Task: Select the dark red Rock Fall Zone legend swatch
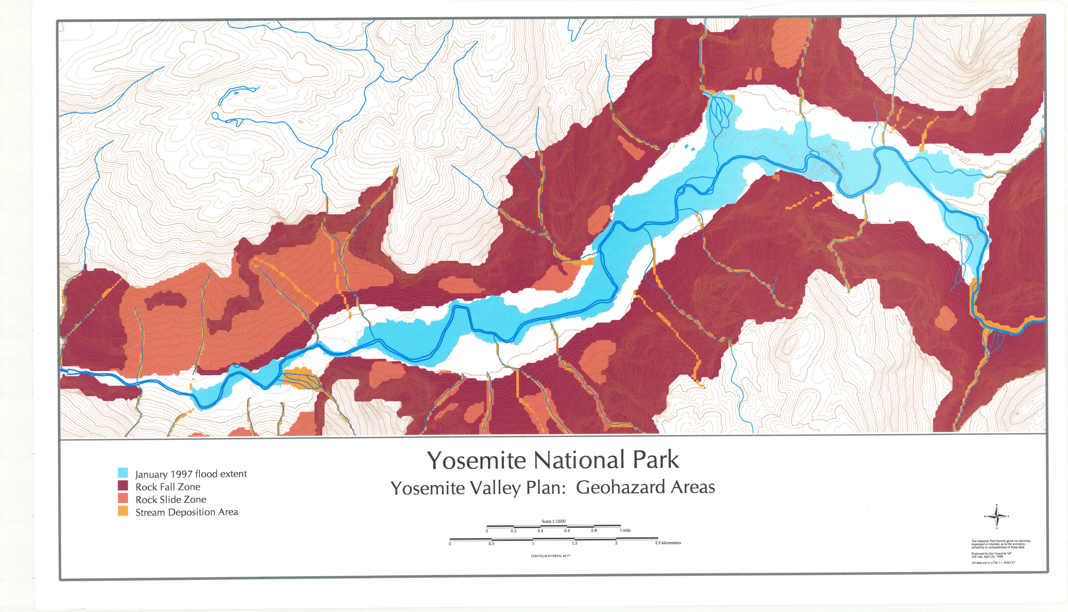pos(123,486)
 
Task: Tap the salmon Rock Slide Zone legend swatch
pos(123,499)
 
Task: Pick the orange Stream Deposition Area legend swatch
pos(123,511)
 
